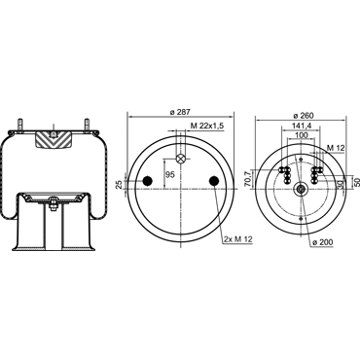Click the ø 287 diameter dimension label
tap(180, 112)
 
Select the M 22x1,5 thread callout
tap(207, 126)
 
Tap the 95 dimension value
tap(170, 174)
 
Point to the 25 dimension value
tap(120, 185)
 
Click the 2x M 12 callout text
tap(237, 239)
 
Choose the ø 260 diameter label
tap(303, 116)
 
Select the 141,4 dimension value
tap(303, 126)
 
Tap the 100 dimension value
tap(302, 135)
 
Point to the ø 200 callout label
tap(322, 242)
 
